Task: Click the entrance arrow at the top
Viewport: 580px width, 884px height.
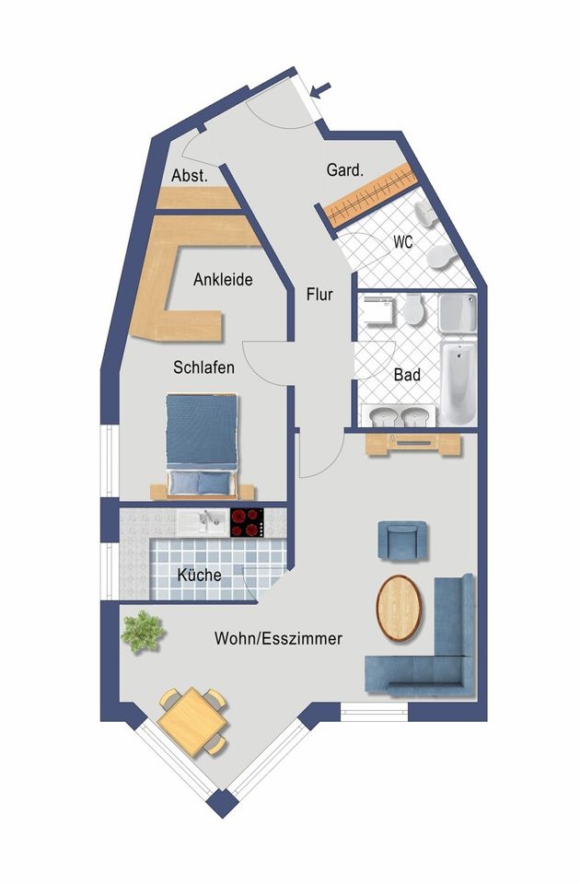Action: [320, 89]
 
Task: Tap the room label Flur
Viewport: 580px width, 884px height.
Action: [319, 295]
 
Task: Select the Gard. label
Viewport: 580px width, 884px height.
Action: [345, 169]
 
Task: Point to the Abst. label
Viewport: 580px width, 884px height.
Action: [190, 175]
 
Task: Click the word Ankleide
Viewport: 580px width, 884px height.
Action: [223, 279]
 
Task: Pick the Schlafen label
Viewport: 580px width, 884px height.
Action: [203, 367]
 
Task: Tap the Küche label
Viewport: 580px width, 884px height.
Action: [199, 575]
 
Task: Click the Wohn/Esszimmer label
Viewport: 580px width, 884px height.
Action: [278, 639]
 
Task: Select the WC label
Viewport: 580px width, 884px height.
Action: [403, 242]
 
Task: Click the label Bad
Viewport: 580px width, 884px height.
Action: [407, 375]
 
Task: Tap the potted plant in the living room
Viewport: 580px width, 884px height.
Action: [143, 632]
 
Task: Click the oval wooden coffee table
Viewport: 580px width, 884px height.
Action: [399, 608]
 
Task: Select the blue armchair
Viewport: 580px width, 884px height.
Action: [402, 541]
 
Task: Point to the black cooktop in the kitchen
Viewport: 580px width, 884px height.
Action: [247, 523]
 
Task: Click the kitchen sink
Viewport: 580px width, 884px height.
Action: [203, 523]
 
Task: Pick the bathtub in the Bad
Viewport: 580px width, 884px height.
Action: [458, 381]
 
